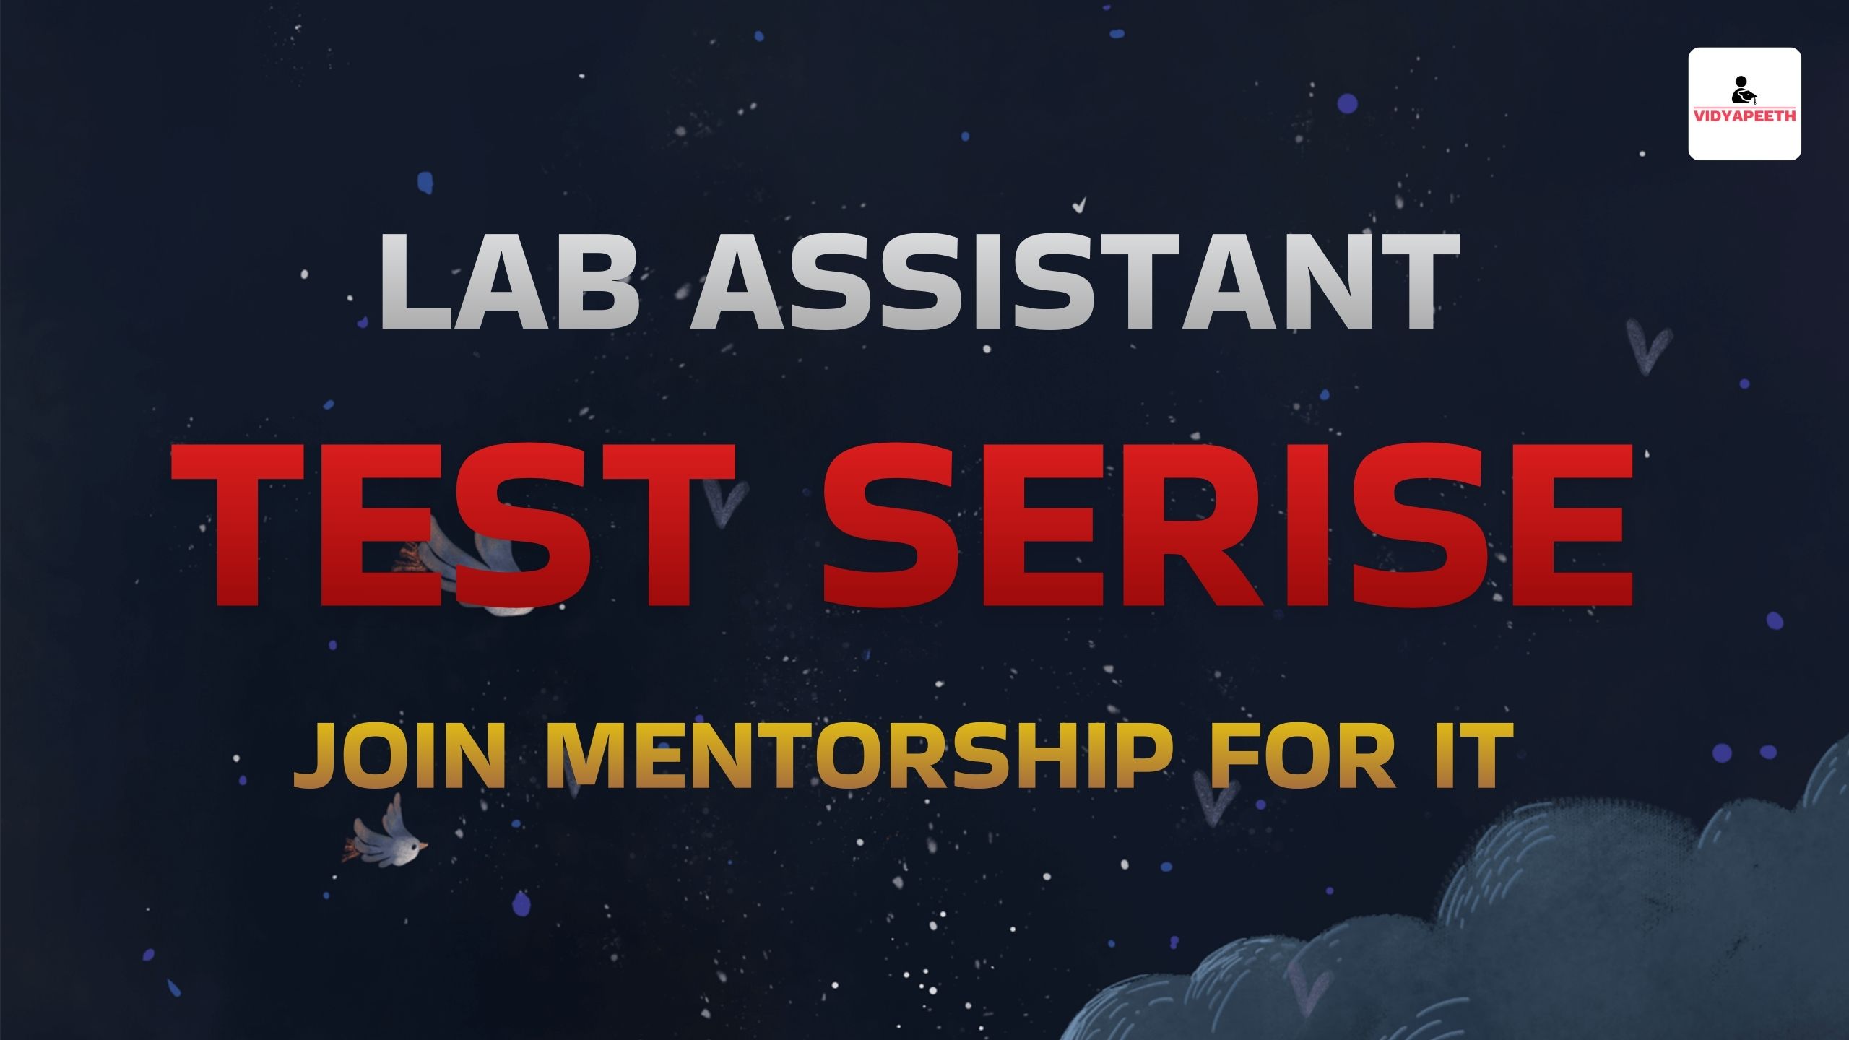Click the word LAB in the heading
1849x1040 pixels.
510,282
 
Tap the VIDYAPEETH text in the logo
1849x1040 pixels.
1744,116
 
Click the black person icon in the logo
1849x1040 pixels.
1743,90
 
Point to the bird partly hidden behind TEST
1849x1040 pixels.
469,563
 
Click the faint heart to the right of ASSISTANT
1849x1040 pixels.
1647,347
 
